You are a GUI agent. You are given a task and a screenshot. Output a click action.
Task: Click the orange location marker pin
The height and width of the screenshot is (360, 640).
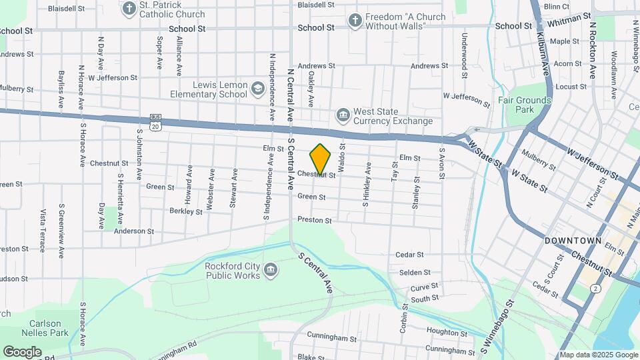[x=321, y=159]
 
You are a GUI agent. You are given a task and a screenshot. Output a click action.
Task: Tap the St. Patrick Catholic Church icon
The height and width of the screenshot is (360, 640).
[x=129, y=8]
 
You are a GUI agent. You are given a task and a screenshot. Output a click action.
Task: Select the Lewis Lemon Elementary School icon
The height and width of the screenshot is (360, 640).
[x=258, y=87]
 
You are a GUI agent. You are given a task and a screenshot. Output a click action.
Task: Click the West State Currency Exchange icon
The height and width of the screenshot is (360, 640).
[x=343, y=115]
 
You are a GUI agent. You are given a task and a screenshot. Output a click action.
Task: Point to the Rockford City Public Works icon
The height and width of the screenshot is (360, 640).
[x=271, y=269]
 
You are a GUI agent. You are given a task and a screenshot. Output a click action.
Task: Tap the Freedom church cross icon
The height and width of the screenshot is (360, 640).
[x=355, y=21]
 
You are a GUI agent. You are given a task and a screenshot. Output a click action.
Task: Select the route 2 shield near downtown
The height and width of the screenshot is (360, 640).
[x=595, y=288]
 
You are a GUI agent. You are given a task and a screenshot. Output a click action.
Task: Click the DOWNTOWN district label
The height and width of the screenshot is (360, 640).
[x=573, y=240]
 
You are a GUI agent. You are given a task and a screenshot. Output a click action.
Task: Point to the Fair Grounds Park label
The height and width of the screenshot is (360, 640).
[x=525, y=105]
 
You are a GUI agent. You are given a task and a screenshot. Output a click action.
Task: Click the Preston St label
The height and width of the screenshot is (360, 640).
[x=315, y=220]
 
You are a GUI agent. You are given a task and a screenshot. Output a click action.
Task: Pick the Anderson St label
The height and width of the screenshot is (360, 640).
[x=134, y=231]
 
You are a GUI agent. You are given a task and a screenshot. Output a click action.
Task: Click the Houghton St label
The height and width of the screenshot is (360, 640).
[x=442, y=331]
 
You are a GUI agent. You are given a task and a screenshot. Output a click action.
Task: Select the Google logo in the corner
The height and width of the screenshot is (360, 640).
[x=23, y=351]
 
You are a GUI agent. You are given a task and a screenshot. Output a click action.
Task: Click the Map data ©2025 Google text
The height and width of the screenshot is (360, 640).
[x=598, y=355]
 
